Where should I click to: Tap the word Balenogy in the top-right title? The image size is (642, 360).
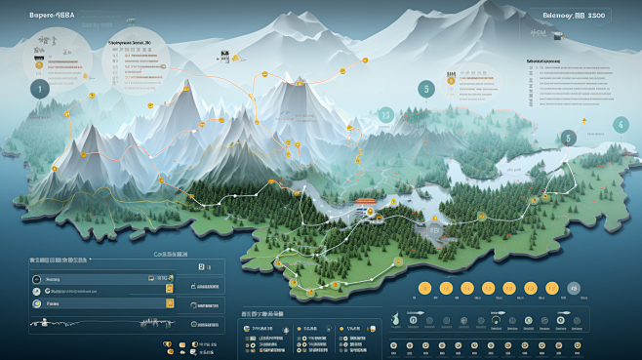pyautogui.click(x=558, y=16)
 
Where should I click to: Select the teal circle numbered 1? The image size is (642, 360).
pyautogui.click(x=39, y=89)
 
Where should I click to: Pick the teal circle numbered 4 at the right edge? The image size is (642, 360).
pyautogui.click(x=620, y=125)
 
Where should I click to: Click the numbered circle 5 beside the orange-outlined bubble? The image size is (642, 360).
pyautogui.click(x=425, y=89)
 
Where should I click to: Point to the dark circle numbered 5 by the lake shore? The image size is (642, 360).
pyautogui.click(x=568, y=139)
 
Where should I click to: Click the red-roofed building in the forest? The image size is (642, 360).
pyautogui.click(x=365, y=204)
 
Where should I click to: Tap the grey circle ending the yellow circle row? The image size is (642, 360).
pyautogui.click(x=574, y=288)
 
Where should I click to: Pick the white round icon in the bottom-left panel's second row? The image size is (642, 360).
pyautogui.click(x=37, y=291)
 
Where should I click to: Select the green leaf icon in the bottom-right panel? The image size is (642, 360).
pyautogui.click(x=399, y=319)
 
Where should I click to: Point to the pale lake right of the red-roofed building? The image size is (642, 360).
pyautogui.click(x=410, y=201)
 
